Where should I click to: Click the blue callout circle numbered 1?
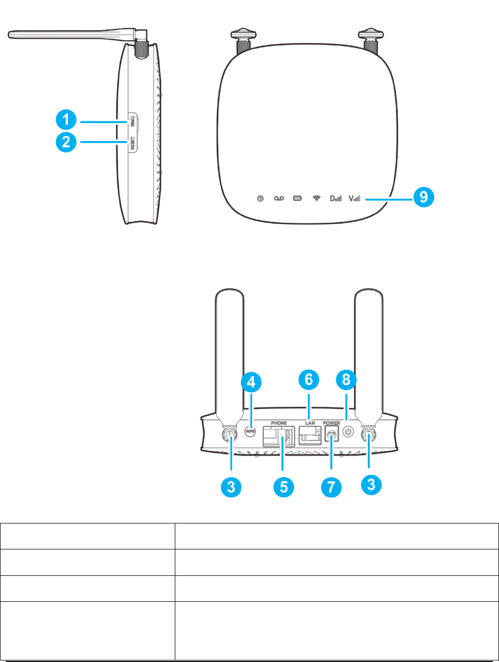point(66,121)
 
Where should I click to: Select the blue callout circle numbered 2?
point(66,141)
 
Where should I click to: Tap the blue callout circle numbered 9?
point(424,197)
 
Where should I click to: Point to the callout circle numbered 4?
point(251,382)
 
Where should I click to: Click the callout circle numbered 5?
point(284,486)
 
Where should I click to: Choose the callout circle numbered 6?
point(309,379)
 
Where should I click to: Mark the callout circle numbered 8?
point(346,379)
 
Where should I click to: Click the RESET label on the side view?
point(132,143)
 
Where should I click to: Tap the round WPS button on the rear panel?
point(250,431)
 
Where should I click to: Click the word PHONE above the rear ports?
point(279,423)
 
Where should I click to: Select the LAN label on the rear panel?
point(310,423)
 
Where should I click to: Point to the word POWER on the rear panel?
point(331,423)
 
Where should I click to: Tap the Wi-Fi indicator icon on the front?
point(316,198)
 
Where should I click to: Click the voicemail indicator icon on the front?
point(279,198)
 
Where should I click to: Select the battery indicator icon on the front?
point(297,198)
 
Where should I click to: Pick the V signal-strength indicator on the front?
point(354,198)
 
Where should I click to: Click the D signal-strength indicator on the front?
point(336,198)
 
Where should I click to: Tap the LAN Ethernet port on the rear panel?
point(309,435)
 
